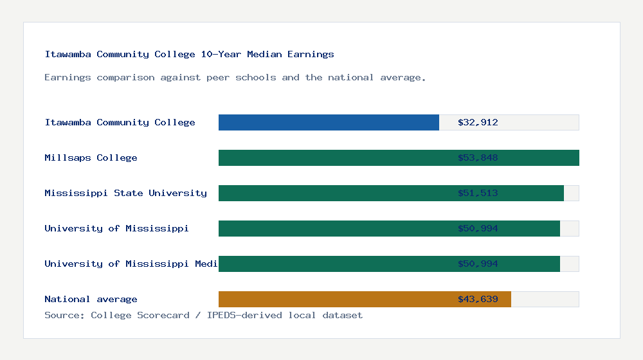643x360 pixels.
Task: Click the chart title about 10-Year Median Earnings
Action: coord(189,54)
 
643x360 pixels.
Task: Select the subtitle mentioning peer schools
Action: coord(235,77)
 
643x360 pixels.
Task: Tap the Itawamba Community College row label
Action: coord(120,122)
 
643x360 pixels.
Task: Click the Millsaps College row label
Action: coord(91,157)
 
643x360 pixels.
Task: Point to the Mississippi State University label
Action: coord(125,193)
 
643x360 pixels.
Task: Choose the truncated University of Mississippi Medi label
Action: coord(131,264)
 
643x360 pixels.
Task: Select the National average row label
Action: coord(91,299)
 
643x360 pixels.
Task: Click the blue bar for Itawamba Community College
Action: coord(329,122)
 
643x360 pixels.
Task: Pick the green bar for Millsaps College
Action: coord(334,157)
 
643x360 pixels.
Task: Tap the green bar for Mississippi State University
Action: coord(334,193)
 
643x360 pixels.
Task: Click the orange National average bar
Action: coord(334,299)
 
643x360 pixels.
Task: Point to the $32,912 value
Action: coord(478,122)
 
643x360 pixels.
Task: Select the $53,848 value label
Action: coord(478,157)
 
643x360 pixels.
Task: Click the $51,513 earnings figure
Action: coord(478,193)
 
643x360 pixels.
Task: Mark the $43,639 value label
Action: coord(478,299)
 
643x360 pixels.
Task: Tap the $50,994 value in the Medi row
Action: coord(478,264)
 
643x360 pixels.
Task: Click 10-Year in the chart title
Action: coord(221,54)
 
